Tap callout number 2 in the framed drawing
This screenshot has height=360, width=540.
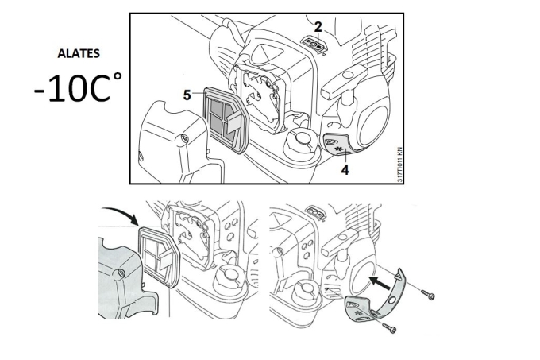(318, 26)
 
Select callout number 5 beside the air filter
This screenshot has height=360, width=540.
(187, 95)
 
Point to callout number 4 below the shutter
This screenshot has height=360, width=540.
(345, 168)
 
